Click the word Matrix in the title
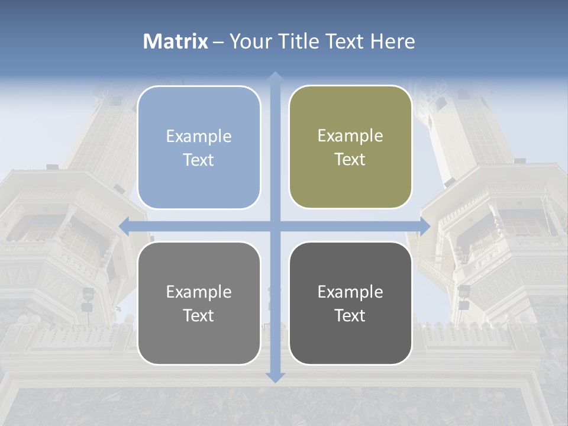(176, 41)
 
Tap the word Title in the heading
(301, 41)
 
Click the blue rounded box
(199, 147)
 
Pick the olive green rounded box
(350, 147)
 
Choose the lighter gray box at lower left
(199, 303)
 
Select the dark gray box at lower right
(350, 303)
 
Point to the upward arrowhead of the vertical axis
(275, 76)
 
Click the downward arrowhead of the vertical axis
(275, 377)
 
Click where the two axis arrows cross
(275, 226)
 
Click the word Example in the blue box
(199, 137)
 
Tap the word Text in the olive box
(350, 160)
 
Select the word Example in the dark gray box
(350, 292)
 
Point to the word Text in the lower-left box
(199, 315)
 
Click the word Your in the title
(247, 41)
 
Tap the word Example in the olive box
(350, 136)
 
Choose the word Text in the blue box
(199, 160)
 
